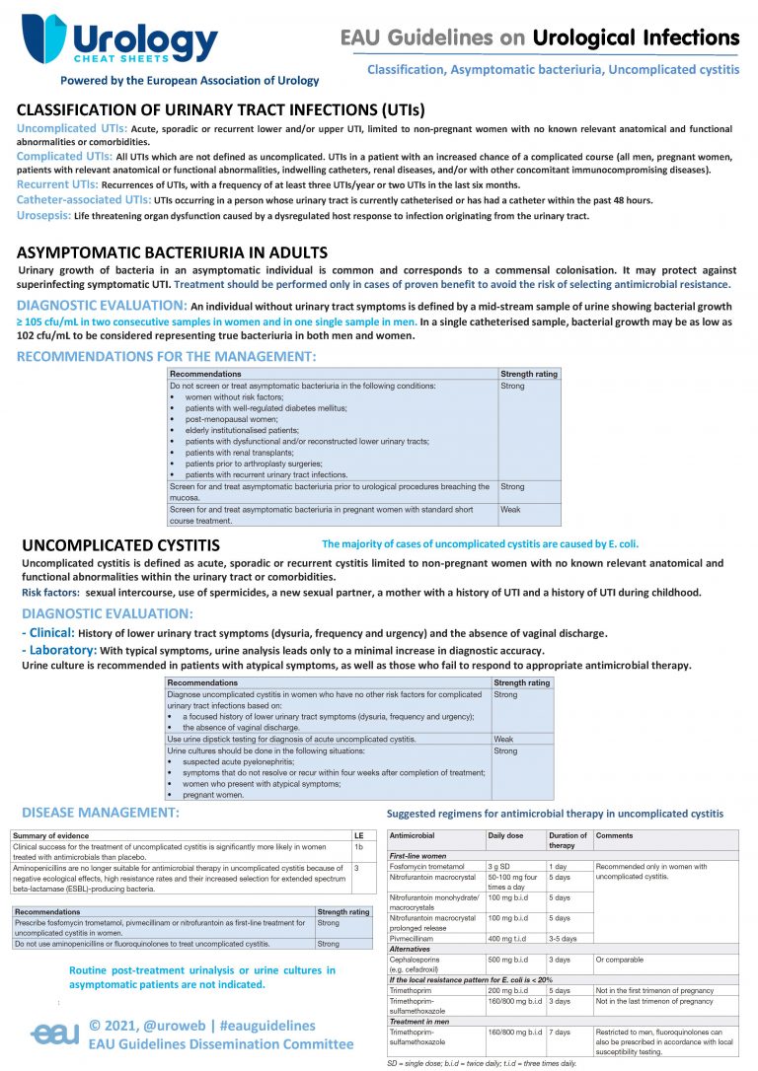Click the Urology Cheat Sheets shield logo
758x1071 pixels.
[44, 39]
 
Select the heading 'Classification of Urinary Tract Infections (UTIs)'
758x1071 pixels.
[221, 110]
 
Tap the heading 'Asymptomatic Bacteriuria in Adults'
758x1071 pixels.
[173, 253]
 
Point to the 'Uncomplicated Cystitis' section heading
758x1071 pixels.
[121, 544]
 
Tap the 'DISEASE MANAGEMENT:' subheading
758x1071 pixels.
[101, 813]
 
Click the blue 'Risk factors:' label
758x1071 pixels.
[51, 592]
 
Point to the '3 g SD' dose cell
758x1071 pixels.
[500, 866]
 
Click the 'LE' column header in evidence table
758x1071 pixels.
[358, 835]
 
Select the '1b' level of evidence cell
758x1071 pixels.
[359, 847]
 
